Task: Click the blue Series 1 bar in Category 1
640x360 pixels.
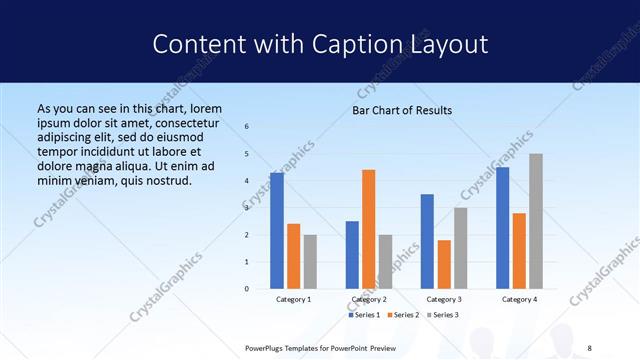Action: (x=277, y=231)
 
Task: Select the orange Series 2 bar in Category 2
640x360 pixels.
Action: (x=369, y=229)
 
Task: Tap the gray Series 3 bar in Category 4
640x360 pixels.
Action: (x=536, y=221)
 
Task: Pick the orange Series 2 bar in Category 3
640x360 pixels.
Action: (x=444, y=264)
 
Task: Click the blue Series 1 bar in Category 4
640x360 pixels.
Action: (x=502, y=228)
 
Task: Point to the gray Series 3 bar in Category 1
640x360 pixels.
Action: (x=310, y=262)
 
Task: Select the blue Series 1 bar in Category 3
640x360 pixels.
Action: (x=427, y=241)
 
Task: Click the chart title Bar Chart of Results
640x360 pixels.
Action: (x=402, y=110)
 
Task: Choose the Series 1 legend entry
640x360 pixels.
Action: (x=365, y=315)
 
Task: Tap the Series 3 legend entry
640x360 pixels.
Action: (x=441, y=315)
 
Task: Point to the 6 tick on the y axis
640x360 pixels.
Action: (x=247, y=126)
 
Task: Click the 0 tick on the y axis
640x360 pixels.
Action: (x=247, y=289)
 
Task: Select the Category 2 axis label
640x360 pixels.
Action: (x=368, y=299)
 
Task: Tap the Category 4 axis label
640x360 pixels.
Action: (x=519, y=299)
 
